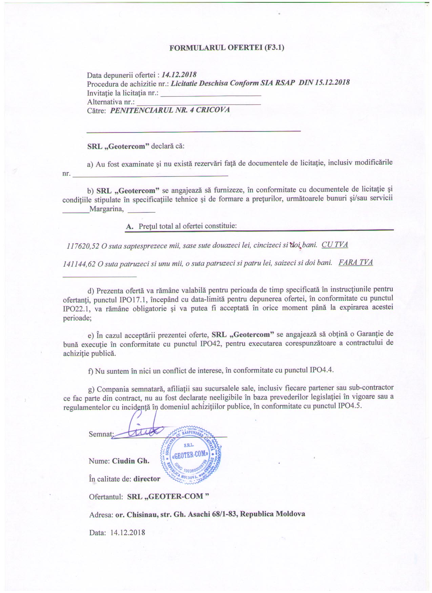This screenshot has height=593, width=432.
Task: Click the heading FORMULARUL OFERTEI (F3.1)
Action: click(226, 47)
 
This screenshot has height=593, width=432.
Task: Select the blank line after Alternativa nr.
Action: click(199, 104)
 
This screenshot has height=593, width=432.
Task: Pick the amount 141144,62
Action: click(79, 264)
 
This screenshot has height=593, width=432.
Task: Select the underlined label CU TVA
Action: click(335, 245)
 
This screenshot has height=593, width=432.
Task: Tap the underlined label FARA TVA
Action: click(356, 263)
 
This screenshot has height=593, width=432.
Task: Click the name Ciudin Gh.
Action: click(130, 461)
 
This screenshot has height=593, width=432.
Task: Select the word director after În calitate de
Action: click(147, 479)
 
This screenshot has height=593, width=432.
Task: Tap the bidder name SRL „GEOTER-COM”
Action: click(168, 496)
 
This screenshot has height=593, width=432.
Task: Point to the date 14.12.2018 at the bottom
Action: click(127, 532)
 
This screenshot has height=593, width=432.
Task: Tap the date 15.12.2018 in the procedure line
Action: click(332, 83)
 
